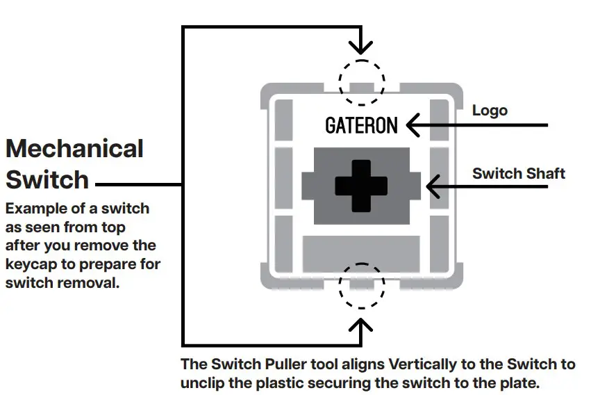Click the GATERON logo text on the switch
(x=361, y=125)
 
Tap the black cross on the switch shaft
(x=361, y=186)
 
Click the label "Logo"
(x=490, y=111)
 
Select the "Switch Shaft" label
(x=519, y=174)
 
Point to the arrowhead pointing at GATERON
(x=413, y=125)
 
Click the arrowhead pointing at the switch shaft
(x=433, y=186)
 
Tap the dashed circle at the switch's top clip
(x=361, y=82)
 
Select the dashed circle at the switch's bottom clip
(x=361, y=286)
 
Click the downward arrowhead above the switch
(x=360, y=47)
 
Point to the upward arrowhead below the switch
(x=360, y=325)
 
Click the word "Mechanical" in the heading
(x=74, y=148)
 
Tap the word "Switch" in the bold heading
(x=47, y=179)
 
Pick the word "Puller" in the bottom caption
(x=285, y=364)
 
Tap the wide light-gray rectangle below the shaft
(x=361, y=254)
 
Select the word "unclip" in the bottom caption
(x=202, y=383)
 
